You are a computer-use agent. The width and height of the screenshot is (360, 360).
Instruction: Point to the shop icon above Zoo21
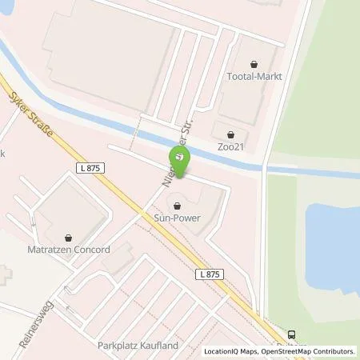[231, 134]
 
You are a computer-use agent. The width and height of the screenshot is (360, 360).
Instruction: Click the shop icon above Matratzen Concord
[69, 237]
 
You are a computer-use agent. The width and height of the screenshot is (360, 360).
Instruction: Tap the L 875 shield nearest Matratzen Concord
[93, 167]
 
